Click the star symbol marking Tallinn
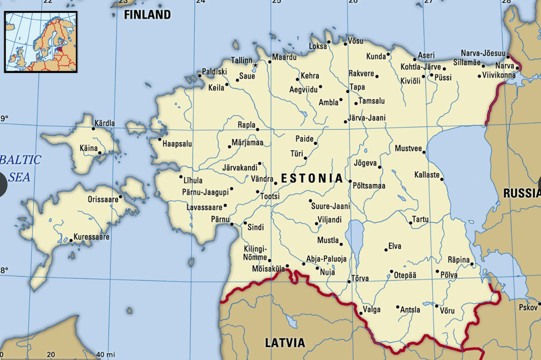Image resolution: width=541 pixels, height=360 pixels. tap(256, 65)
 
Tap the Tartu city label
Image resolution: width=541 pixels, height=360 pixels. tap(420, 219)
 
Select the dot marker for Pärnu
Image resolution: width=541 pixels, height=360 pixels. tap(232, 224)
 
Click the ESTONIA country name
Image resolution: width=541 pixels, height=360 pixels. tap(312, 179)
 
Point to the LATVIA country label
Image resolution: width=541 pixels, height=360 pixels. tap(285, 343)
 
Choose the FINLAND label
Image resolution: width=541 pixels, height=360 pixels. tap(148, 15)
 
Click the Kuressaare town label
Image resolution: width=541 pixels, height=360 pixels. tap(92, 237)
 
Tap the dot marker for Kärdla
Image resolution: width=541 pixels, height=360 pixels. tap(93, 128)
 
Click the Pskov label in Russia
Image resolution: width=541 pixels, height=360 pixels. tap(528, 307)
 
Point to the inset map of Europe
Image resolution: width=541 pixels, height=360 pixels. tap(41, 42)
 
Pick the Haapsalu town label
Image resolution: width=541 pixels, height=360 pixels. tap(177, 144)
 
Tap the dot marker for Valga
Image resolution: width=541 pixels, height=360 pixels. tap(361, 313)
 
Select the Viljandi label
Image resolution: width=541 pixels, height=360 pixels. tap(329, 220)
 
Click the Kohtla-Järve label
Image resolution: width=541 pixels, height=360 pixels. tap(421, 67)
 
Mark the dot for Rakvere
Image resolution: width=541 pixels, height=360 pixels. tap(377, 76)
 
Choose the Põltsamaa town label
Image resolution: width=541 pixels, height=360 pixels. tap(369, 186)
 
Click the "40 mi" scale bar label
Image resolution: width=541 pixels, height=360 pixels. tap(105, 355)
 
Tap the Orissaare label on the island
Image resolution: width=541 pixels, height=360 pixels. tap(103, 200)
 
